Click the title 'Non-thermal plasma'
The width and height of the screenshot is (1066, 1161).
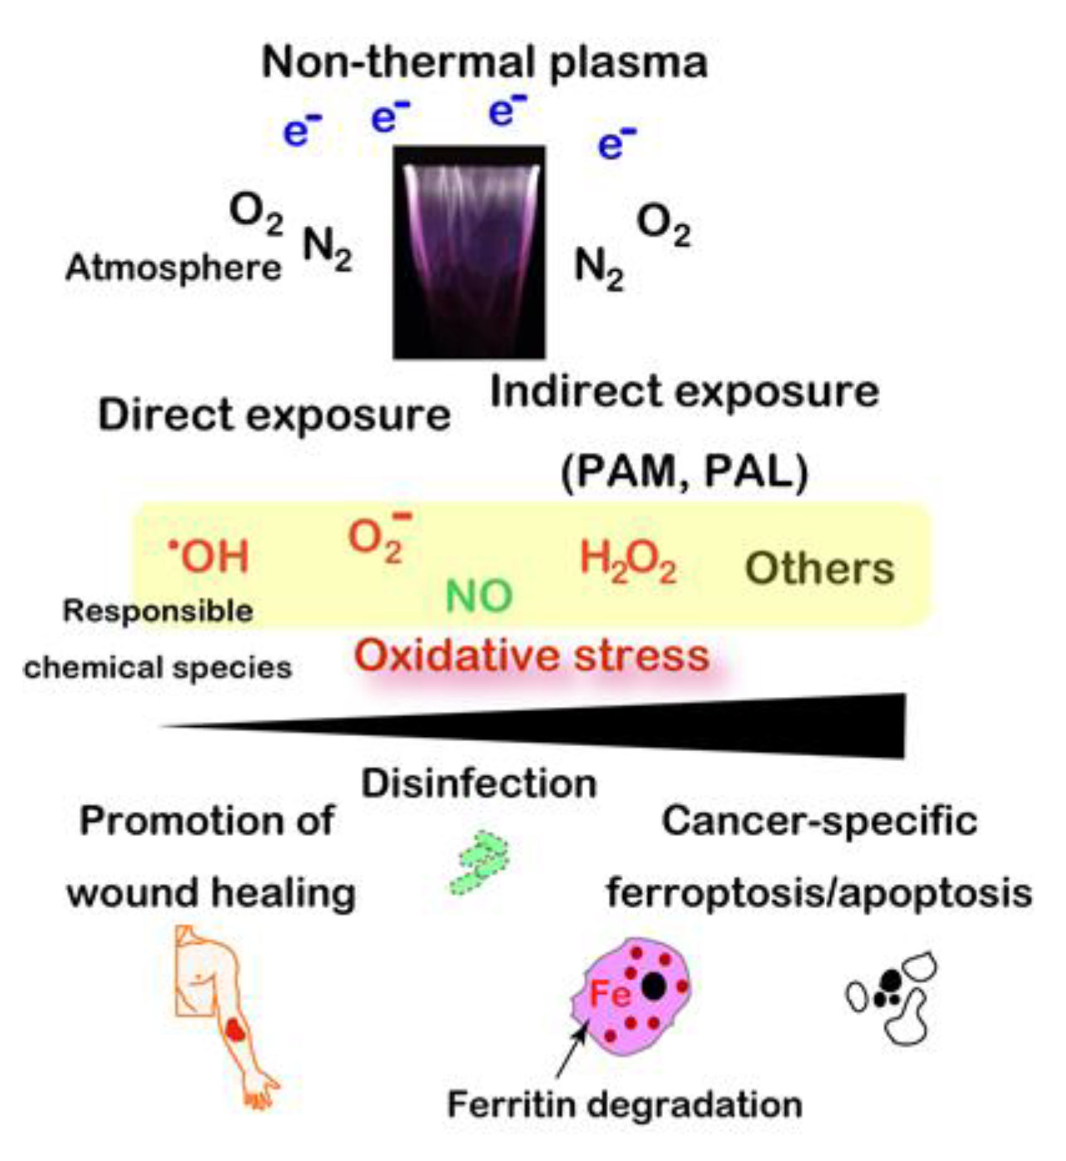coord(484,62)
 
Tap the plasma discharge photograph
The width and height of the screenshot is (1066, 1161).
coord(468,252)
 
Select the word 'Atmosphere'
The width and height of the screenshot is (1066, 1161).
coord(173,268)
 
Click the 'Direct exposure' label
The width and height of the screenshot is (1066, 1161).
coord(274,415)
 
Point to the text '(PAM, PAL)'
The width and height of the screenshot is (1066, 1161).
coord(684,472)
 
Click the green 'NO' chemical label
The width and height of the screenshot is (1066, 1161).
coord(479,596)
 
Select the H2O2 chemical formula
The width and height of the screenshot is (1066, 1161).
coord(627,561)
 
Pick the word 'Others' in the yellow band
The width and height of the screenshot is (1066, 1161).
coord(820,569)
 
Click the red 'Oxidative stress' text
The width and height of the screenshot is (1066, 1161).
coord(531,656)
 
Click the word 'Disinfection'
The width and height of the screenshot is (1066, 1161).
coord(479,784)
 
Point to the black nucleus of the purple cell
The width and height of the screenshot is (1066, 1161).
coord(652,986)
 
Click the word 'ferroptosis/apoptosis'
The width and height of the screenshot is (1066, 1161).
coord(818,893)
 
